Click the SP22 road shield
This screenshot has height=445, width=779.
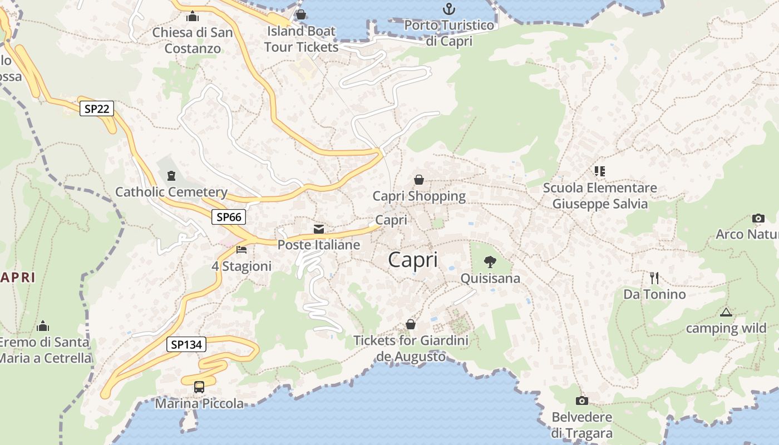(96, 108)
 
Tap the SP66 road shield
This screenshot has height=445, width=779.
(229, 217)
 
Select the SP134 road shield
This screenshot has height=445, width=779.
(186, 345)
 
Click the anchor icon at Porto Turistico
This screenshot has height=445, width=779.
(448, 9)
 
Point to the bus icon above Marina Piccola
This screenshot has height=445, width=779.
(199, 387)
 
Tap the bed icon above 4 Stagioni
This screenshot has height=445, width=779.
(241, 249)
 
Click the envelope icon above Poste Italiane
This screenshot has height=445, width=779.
(319, 229)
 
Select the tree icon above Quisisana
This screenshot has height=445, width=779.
(490, 261)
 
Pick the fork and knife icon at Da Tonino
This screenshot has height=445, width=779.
(654, 278)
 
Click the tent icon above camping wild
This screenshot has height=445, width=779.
(726, 312)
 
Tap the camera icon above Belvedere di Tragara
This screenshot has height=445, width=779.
(581, 400)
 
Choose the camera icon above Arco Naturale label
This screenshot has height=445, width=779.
(758, 218)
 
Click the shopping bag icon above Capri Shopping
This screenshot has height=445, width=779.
(419, 180)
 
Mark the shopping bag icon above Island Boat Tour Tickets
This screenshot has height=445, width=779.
(301, 14)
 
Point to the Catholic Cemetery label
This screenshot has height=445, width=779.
(171, 192)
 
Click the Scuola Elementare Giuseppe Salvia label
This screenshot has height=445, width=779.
(600, 196)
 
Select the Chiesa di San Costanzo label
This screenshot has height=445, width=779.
(193, 40)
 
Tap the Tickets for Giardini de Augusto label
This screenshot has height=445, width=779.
(411, 348)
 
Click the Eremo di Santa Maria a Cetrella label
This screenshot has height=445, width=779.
(45, 350)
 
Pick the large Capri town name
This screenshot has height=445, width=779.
(413, 260)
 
